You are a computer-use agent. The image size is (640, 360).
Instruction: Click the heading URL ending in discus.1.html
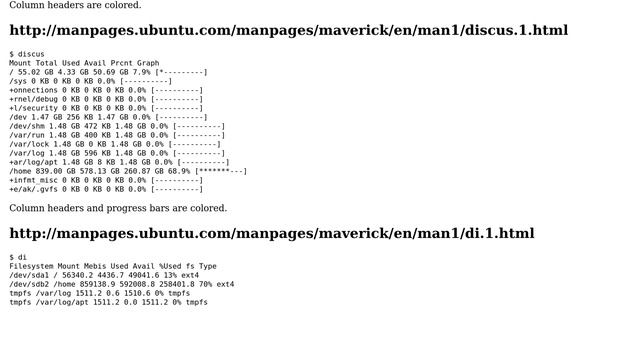(x=288, y=30)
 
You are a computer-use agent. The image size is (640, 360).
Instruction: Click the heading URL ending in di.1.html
(x=271, y=233)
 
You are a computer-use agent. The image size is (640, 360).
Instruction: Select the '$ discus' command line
(x=27, y=53)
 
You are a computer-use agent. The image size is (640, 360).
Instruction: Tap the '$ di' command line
(x=18, y=256)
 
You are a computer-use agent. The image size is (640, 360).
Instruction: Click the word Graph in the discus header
(x=148, y=63)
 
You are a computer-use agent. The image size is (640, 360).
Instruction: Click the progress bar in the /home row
(x=221, y=171)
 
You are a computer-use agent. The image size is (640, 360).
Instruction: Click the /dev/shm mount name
(x=27, y=126)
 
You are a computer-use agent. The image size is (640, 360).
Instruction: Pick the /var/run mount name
(x=27, y=135)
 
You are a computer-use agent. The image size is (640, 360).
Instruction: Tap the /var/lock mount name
(x=29, y=144)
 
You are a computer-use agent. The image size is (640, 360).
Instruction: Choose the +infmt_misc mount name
(x=33, y=180)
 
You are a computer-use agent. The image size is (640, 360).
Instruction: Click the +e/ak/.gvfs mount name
(x=33, y=189)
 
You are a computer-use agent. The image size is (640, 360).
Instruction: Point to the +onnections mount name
(x=33, y=90)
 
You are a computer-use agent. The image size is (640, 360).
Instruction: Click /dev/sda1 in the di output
(x=29, y=275)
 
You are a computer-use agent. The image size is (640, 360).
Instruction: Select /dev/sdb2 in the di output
(x=29, y=284)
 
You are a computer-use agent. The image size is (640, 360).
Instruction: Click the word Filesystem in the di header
(x=31, y=266)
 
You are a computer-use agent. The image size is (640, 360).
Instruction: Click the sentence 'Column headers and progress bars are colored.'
(x=118, y=208)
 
